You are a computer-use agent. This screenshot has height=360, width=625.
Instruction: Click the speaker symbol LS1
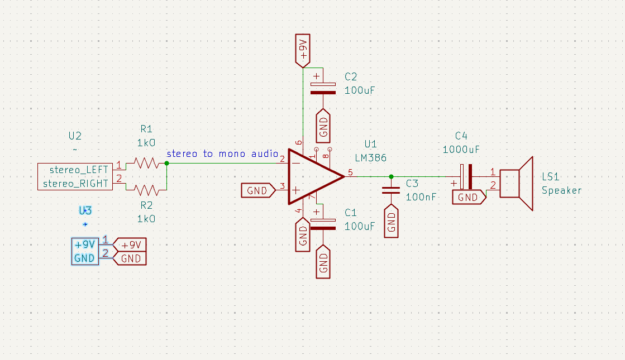(x=517, y=183)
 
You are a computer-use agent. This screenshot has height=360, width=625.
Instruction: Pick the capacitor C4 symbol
(x=466, y=177)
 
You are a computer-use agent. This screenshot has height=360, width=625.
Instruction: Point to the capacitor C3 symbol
(x=391, y=190)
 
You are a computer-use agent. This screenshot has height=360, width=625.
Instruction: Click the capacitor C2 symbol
(x=323, y=87)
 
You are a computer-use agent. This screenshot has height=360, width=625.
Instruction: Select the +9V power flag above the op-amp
(x=303, y=51)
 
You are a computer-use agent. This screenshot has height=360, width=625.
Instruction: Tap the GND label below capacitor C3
(x=391, y=222)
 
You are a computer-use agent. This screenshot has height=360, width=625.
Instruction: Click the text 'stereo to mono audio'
(x=222, y=153)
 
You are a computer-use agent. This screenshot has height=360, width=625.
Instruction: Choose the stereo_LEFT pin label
(x=79, y=169)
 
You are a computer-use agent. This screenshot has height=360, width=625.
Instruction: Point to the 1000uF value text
(x=461, y=149)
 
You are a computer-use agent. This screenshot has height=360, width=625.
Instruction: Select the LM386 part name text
(x=370, y=158)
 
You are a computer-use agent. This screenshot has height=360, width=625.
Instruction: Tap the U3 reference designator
(x=85, y=210)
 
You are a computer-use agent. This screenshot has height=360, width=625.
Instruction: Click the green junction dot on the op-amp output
(x=391, y=176)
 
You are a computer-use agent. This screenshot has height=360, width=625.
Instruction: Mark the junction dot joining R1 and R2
(x=167, y=164)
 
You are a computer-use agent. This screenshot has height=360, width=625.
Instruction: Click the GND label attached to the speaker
(x=469, y=197)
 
